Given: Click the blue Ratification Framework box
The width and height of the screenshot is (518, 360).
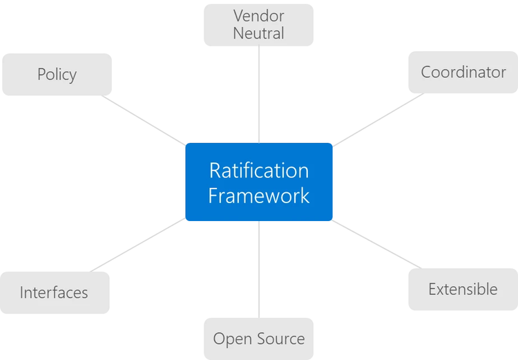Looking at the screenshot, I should tap(258, 182).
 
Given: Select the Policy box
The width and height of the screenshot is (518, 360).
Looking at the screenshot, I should tap(57, 74).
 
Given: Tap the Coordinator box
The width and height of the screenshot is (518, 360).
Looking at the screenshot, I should tap(463, 72).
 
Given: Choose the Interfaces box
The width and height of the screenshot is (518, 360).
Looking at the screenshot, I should tap(54, 292).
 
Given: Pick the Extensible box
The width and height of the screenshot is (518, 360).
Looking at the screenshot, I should tap(463, 289).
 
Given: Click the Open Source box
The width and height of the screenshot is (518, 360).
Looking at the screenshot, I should tap(258, 339).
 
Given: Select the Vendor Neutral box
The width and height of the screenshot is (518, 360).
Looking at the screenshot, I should tap(258, 24).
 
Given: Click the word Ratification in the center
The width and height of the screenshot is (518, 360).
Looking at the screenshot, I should tap(258, 170).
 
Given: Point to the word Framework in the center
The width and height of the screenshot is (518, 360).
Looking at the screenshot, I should tap(258, 196).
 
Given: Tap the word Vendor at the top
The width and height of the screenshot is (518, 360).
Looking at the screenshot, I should tap(258, 15).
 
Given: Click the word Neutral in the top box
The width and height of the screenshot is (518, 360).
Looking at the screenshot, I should tap(258, 33).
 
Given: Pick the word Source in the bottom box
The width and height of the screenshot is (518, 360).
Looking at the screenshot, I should tap(281, 339).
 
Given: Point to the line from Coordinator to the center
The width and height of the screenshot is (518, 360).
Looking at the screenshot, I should tap(378, 119).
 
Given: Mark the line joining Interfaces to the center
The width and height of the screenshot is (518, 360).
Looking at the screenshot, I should tap(138, 245).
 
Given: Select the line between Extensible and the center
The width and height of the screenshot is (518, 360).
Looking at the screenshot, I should tap(376, 244).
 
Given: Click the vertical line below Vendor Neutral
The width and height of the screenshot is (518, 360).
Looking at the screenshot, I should tap(259, 93).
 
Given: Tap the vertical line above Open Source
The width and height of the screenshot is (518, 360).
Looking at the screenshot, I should tap(259, 269).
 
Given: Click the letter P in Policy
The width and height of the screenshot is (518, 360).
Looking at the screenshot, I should tap(41, 74).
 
